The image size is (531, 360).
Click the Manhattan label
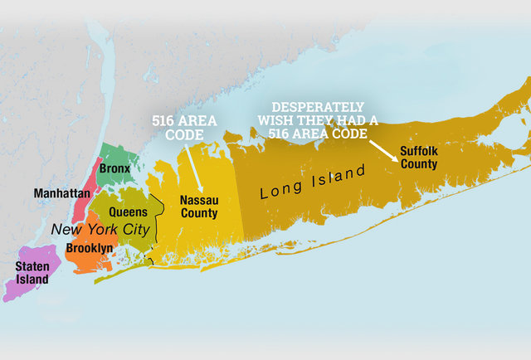click(62, 193)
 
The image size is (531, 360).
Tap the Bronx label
click(114, 168)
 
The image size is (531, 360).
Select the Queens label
click(129, 212)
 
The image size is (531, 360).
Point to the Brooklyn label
click(89, 247)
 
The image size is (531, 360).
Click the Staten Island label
click(32, 272)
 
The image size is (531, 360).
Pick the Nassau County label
click(199, 207)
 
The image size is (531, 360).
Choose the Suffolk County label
click(418, 158)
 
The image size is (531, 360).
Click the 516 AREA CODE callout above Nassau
click(184, 127)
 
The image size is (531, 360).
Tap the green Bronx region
click(120, 153)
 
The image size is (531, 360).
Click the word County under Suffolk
click(418, 164)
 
